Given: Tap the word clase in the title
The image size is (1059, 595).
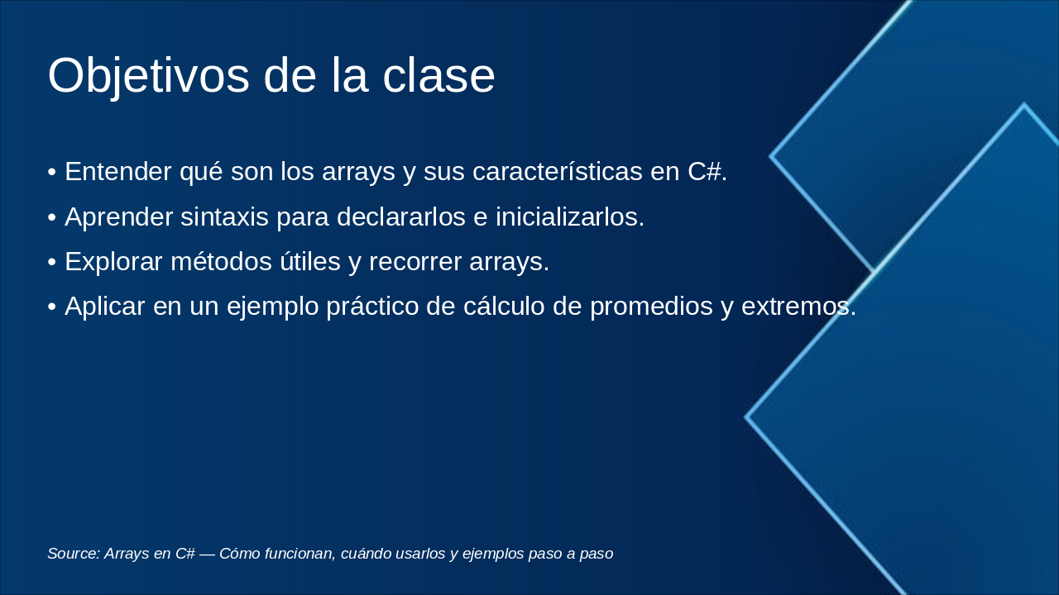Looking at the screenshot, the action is tap(438, 75).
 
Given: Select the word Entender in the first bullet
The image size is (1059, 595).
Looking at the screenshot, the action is tap(118, 171).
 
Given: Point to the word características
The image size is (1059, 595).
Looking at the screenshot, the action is tap(558, 171).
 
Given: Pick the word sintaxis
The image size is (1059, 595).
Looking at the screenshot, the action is tap(224, 217).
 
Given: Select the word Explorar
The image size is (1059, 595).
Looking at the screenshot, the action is tap(114, 261).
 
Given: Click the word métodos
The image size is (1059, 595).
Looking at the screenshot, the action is tap(221, 261).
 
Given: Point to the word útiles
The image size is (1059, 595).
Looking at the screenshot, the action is tap(310, 261).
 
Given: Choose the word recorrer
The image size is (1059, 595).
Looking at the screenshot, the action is tap(415, 262).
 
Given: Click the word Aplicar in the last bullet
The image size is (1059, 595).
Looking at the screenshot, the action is tap(105, 306).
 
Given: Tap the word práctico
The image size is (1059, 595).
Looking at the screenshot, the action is tap(372, 307).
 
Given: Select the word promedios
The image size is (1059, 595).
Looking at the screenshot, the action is tap(651, 307).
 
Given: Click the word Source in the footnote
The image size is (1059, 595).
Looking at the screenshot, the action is tap(74, 554).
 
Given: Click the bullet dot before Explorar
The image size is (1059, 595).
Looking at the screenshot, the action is tap(52, 263).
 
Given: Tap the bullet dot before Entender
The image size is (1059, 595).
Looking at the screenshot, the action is tap(52, 173).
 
